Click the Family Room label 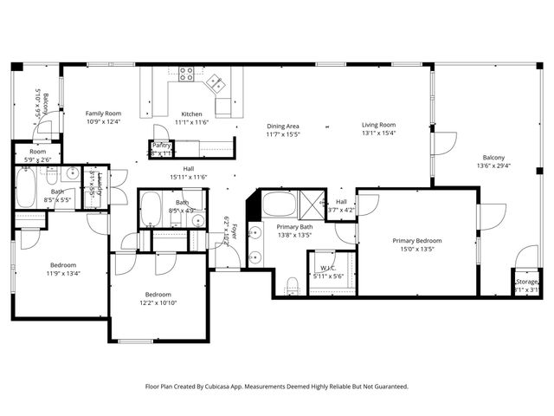pos(103,114)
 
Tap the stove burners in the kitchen pos(186,75)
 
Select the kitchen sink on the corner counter pos(215,85)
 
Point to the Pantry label pos(162,145)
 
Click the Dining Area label pos(282,127)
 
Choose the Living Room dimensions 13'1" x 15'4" pos(378,133)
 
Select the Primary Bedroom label pos(417,241)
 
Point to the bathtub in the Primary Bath pos(279,205)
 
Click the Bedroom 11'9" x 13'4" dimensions pos(62,274)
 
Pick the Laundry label pos(100,185)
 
